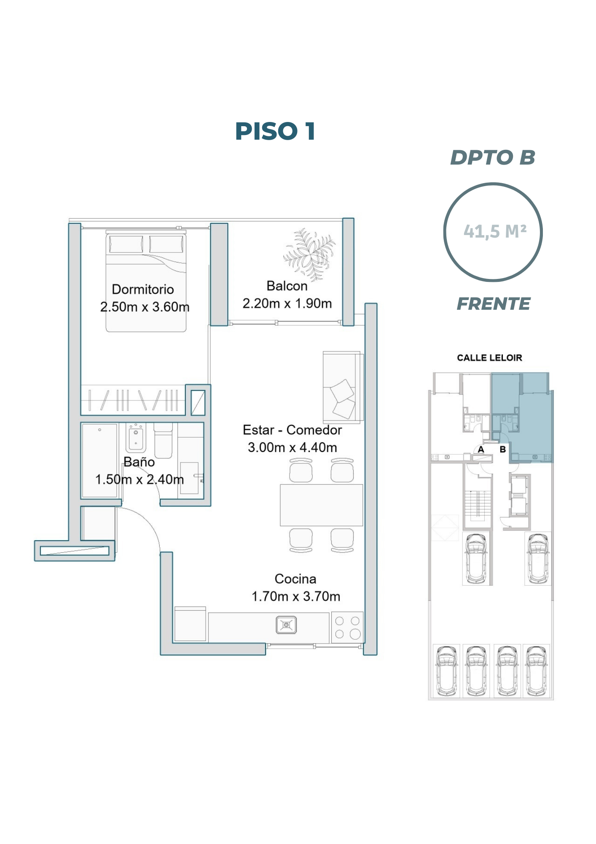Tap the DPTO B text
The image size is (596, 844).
[x=493, y=157]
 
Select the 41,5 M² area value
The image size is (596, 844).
[x=495, y=231]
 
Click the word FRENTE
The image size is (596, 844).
[x=494, y=304]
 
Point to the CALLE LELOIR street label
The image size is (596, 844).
[x=489, y=358]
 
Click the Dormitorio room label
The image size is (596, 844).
[x=143, y=289]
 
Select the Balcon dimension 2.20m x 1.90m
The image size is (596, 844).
[x=287, y=303]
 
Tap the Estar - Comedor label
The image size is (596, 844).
[x=292, y=430]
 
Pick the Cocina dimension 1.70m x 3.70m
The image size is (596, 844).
[x=295, y=596]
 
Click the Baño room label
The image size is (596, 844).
[x=139, y=462]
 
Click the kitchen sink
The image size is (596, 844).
[x=286, y=625]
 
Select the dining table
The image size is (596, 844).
[x=321, y=505]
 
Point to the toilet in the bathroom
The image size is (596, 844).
[x=164, y=440]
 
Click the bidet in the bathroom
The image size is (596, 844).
[x=136, y=438]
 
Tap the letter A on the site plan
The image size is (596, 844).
[x=481, y=449]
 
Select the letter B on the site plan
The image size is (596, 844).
[x=502, y=449]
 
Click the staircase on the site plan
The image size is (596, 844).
[x=478, y=504]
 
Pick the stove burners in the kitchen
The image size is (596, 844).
[x=347, y=627]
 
